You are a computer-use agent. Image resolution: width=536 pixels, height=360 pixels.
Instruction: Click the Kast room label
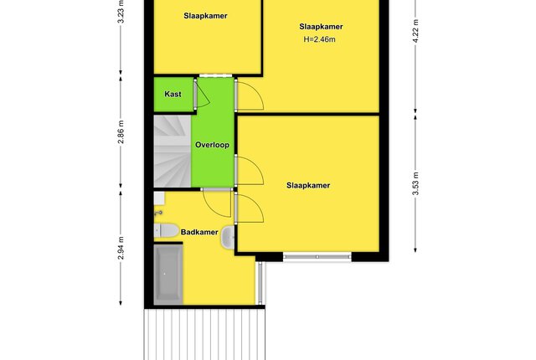point(173,94)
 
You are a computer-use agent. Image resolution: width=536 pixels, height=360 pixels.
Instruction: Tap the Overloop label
point(212,145)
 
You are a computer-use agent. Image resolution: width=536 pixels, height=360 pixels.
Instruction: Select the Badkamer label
point(199,232)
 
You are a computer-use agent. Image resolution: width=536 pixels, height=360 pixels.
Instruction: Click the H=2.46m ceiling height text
point(320,39)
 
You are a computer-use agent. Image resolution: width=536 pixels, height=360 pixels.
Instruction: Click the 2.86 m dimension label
point(121,132)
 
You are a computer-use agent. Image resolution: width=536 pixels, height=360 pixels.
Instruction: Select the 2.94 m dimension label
point(121,248)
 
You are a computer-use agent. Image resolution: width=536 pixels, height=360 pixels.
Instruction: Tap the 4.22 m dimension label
point(415,32)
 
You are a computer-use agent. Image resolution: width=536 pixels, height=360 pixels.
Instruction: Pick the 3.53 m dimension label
point(415,183)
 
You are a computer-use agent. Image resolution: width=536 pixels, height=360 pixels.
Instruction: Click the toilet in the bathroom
point(166,230)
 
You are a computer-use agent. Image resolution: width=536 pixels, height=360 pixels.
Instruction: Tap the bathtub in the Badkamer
point(168,274)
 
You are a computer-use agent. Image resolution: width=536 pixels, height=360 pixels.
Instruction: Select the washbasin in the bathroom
point(228,238)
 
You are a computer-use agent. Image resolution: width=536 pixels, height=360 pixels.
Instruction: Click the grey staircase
point(173,151)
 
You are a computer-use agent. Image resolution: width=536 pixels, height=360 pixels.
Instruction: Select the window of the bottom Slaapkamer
point(317,256)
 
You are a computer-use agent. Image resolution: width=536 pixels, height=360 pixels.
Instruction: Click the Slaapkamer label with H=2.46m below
point(321,27)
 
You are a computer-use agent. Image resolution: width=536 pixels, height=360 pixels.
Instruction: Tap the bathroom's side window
point(260,283)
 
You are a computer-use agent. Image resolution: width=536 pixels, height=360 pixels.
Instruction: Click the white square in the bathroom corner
point(159,198)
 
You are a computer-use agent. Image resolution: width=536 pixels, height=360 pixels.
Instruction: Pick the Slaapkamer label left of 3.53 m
point(308,186)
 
